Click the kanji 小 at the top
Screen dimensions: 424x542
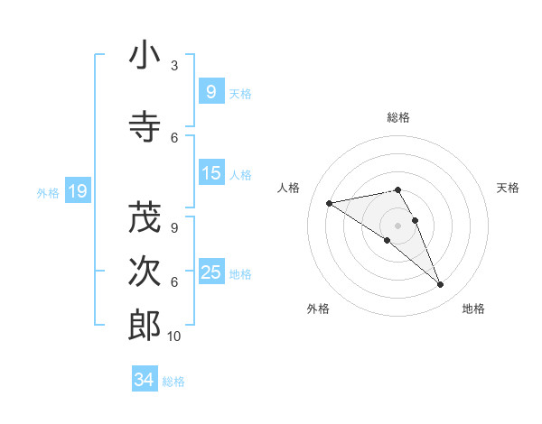145,56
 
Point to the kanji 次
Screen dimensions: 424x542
145,271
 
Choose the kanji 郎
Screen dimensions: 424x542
145,325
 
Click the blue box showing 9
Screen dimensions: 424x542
210,91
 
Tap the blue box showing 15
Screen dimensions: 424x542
210,173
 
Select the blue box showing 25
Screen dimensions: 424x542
210,272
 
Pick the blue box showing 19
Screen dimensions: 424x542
77,191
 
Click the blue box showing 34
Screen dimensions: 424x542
144,380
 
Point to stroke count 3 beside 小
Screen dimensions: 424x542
174,66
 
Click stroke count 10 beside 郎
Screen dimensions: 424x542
174,336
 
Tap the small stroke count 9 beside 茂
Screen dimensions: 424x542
174,228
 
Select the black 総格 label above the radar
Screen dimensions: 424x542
398,117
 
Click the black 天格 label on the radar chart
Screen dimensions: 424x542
509,188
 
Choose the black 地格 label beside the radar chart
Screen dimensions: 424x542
473,309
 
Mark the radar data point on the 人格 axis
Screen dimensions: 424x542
329,203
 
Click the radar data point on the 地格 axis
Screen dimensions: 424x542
441,285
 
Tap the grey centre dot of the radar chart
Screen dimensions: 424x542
398,226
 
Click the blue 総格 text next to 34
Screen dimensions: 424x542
173,382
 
